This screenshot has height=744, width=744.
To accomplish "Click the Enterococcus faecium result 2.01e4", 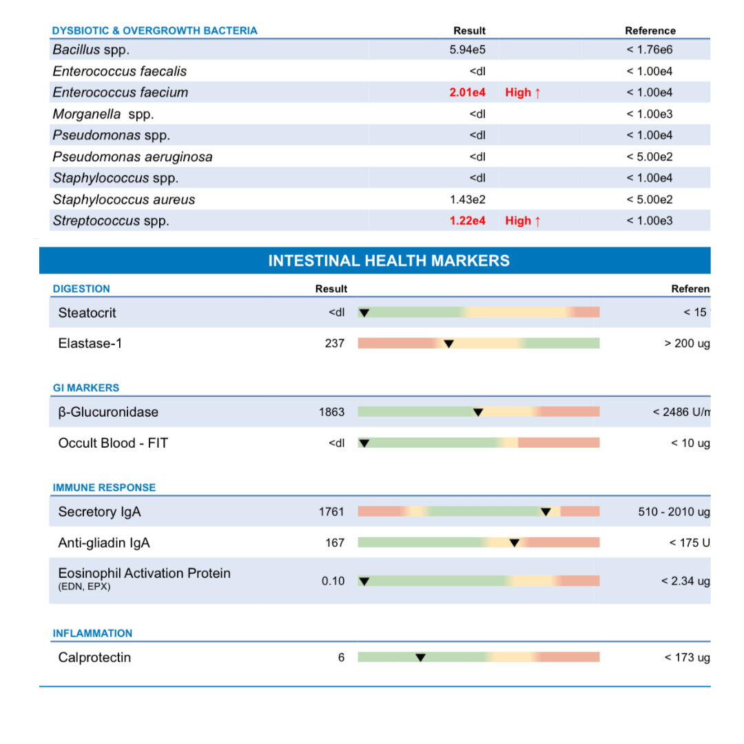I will coord(467,92).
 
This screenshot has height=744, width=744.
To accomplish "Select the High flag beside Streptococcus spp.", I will coord(523,220).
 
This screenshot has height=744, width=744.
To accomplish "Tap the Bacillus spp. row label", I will coord(91,50).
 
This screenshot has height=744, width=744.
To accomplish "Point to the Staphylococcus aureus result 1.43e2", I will coord(467,200).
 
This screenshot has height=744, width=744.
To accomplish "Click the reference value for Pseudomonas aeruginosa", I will coord(649,156).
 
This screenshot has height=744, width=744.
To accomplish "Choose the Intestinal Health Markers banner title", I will coord(389,261).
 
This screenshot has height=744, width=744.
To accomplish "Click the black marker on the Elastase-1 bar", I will coord(448,344).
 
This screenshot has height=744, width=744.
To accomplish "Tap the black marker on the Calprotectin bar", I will coord(420,658).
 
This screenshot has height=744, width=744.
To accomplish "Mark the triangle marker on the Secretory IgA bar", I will coord(546,512).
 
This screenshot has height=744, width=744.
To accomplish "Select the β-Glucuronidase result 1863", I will coord(331,412).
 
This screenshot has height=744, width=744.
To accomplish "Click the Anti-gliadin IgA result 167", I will coord(335,543).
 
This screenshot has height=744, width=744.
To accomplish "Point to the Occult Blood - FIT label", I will coord(113,443).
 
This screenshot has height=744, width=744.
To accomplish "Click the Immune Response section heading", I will coord(104,488).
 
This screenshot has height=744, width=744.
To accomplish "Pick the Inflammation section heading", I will coord(92,633).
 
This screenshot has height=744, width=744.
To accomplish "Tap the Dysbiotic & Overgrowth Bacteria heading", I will coord(155,30).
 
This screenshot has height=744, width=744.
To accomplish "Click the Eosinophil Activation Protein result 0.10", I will coord(333,581).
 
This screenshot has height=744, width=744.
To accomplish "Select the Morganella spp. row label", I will coord(103,114).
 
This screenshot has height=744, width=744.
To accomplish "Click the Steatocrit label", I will coord(87,313).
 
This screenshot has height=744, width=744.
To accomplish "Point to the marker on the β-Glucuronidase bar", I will coord(478,413).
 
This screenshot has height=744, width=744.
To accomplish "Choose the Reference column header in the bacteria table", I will coord(650,30).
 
